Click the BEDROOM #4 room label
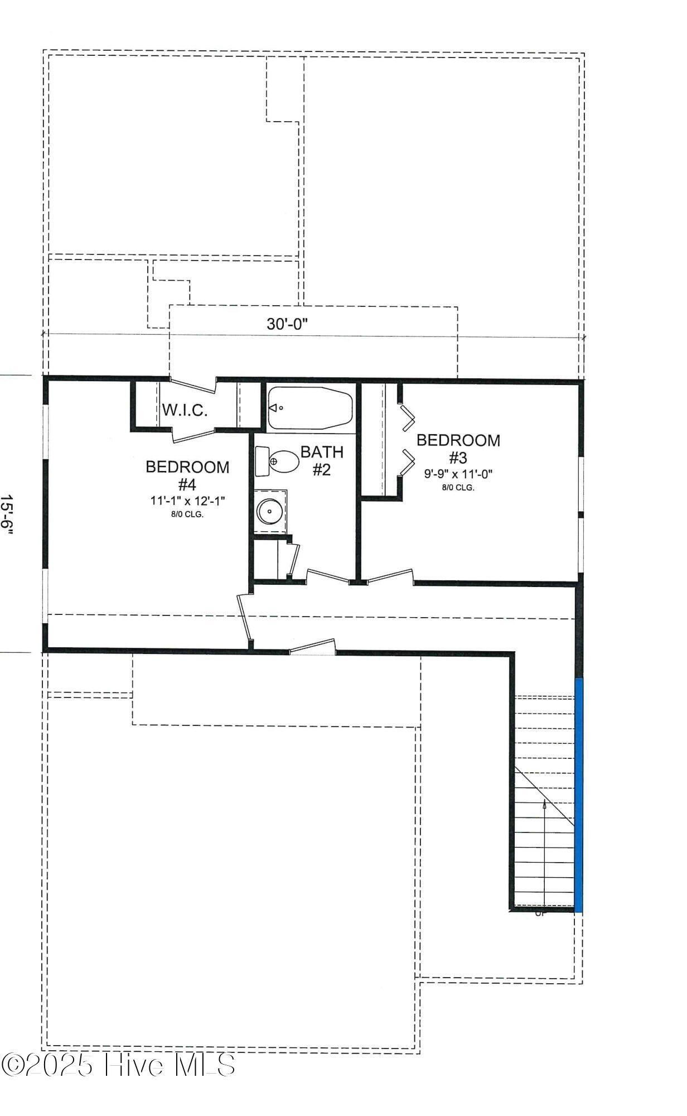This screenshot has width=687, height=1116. (x=187, y=475)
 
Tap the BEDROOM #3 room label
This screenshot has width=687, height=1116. (x=458, y=449)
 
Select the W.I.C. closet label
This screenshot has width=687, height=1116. (x=185, y=411)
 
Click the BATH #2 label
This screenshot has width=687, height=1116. (x=322, y=460)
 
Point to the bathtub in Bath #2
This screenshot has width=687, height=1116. (x=310, y=408)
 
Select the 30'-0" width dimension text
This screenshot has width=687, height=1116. (x=287, y=324)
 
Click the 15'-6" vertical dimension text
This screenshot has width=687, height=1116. (x=7, y=514)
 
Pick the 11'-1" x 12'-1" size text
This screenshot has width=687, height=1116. (x=187, y=501)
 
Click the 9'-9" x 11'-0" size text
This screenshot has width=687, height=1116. (x=458, y=474)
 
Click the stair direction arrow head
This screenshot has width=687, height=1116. (x=544, y=804)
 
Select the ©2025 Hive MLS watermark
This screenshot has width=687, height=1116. (x=118, y=1065)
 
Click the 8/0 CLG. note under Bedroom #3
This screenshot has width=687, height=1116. (x=458, y=488)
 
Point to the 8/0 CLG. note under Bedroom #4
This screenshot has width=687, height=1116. (x=187, y=514)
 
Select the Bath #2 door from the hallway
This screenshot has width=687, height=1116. (x=328, y=576)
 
